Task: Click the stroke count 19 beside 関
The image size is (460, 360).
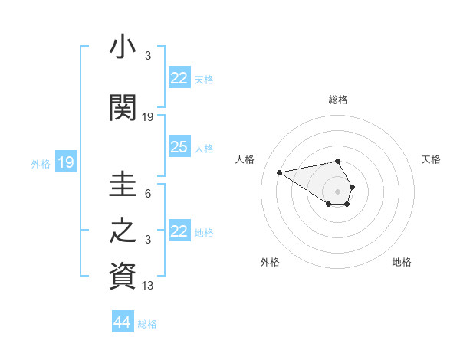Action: tap(148, 117)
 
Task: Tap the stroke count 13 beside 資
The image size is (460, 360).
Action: tap(148, 286)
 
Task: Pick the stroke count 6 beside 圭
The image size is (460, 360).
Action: tap(148, 194)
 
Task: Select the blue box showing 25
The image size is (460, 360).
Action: tap(179, 147)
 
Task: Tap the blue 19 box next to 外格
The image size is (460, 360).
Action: tap(66, 162)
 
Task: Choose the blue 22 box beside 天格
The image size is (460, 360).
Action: tap(179, 78)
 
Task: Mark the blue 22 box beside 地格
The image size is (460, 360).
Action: tap(179, 231)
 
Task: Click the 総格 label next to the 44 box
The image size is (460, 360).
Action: tap(147, 324)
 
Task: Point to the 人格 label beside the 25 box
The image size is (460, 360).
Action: tap(204, 149)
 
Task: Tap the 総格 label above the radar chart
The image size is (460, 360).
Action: tap(338, 100)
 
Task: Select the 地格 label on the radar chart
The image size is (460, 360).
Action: tap(402, 262)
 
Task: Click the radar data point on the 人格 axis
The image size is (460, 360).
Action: tap(280, 172)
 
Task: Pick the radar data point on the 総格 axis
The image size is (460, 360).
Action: tap(338, 161)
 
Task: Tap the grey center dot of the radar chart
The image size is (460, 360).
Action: tap(338, 191)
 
